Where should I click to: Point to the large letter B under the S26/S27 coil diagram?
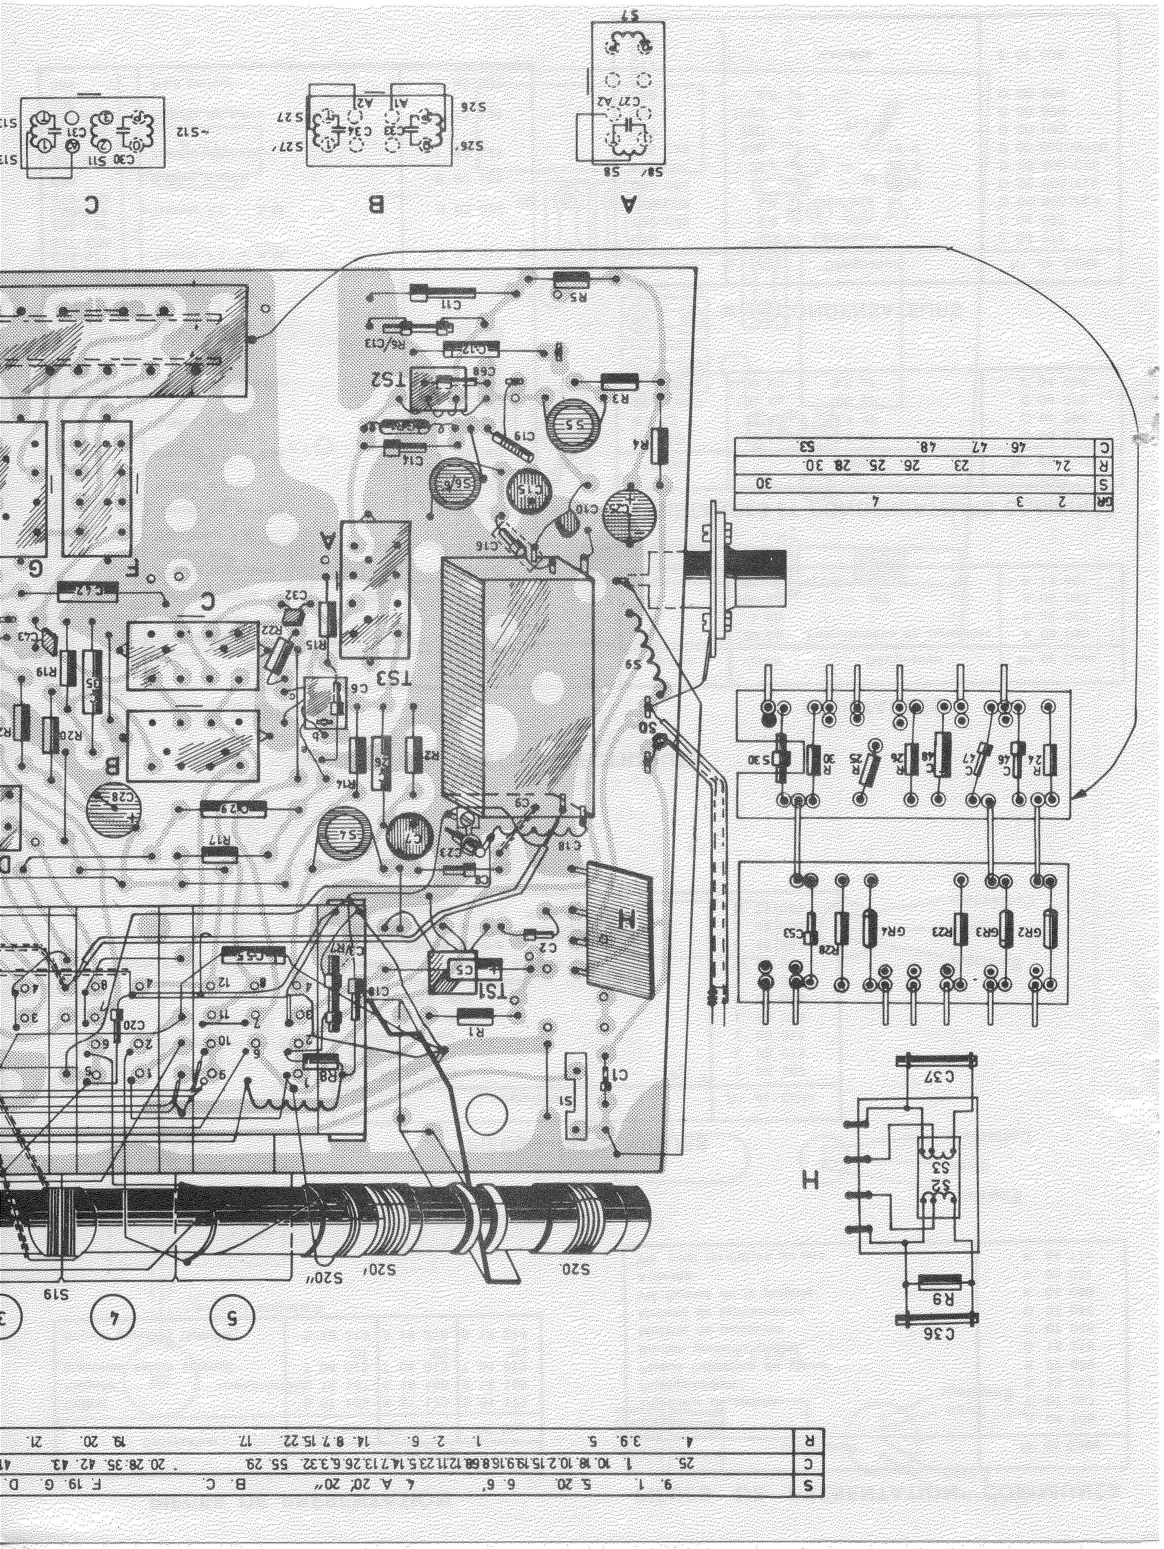pyautogui.click(x=376, y=205)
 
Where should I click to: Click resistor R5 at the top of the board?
pyautogui.click(x=571, y=279)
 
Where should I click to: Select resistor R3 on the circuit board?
pyautogui.click(x=620, y=382)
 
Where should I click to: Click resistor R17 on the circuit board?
pyautogui.click(x=219, y=854)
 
